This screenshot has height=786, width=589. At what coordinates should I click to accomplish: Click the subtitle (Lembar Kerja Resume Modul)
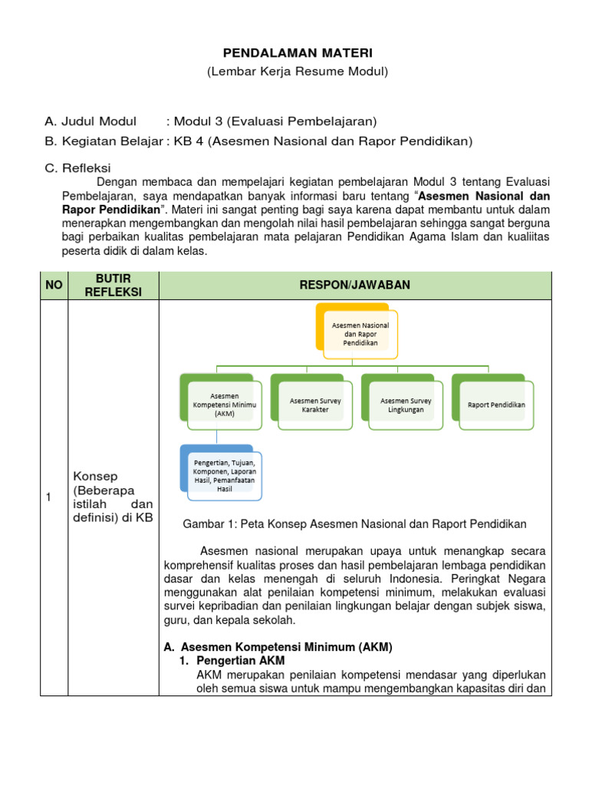click(x=298, y=71)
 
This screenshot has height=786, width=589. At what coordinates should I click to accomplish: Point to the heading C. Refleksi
click(x=78, y=167)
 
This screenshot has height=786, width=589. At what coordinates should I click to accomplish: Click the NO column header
click(x=54, y=286)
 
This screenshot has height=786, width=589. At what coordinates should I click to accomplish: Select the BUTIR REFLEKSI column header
click(x=114, y=286)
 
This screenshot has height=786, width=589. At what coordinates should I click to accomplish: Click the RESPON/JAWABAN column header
click(x=355, y=286)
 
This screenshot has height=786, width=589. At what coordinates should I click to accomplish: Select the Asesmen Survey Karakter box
click(x=314, y=405)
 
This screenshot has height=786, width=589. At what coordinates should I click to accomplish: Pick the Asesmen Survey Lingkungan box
click(x=405, y=405)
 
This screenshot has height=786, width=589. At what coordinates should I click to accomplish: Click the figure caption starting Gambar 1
click(x=354, y=524)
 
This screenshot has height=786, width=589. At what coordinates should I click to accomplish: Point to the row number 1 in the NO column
click(x=48, y=497)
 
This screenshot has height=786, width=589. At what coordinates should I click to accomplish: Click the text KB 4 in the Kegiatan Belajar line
click(x=189, y=141)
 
